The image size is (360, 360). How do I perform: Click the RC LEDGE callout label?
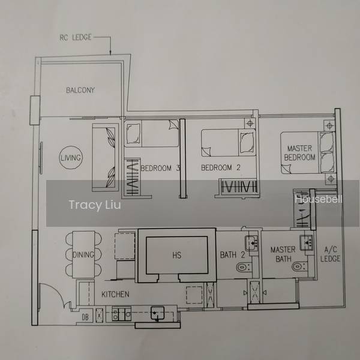(76, 37)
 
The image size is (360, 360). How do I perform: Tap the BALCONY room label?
(80, 90)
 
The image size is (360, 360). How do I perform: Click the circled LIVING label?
(71, 158)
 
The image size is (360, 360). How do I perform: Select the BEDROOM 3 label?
(160, 168)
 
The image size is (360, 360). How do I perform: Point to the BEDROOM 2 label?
(221, 167)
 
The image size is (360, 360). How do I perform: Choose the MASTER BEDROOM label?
(299, 153)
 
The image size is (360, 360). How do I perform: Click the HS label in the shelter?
(177, 255)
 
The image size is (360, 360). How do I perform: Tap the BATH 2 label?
(232, 254)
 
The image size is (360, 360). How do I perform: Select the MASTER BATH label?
(283, 254)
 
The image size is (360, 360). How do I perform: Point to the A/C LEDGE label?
(330, 254)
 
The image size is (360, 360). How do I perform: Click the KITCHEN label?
(115, 294)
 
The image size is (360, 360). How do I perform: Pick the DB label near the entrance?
(85, 317)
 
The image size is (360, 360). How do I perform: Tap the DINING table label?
(83, 254)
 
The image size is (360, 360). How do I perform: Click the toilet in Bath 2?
(244, 268)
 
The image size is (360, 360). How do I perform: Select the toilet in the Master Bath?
(299, 267)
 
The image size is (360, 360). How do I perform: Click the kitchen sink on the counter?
(157, 313)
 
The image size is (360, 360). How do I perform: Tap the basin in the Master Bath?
(306, 242)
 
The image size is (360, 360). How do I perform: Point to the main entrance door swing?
(56, 294)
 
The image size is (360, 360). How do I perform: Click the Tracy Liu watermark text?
(95, 205)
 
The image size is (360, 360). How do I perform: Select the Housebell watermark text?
(319, 199)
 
